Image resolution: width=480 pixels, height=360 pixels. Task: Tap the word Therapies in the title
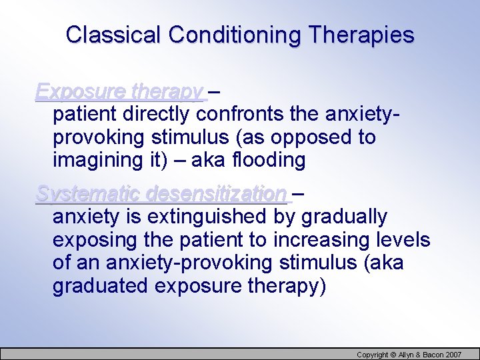pos(361,35)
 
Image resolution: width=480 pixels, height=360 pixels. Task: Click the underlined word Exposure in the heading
pos(81,91)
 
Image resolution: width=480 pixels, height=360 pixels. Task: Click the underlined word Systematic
pos(89,194)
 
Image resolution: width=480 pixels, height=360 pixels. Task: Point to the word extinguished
pos(209,217)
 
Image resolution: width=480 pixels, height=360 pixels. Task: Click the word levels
pos(403,240)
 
